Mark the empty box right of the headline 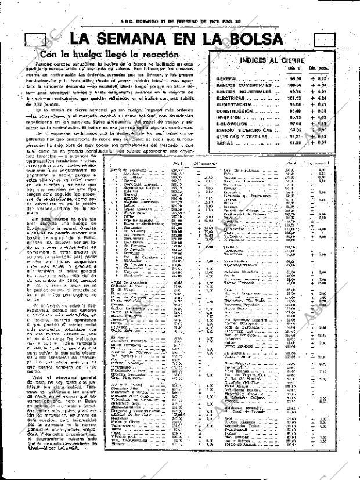(x=323, y=40)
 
